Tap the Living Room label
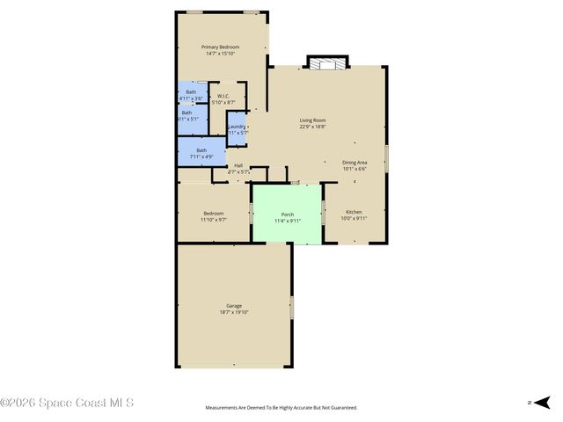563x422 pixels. tap(312, 120)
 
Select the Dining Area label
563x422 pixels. tap(355, 163)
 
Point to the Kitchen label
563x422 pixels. tap(354, 212)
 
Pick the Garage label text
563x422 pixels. tap(234, 305)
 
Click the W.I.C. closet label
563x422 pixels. tap(223, 96)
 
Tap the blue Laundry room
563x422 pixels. tap(236, 129)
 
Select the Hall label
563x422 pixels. tap(238, 165)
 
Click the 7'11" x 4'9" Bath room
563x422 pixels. tap(201, 153)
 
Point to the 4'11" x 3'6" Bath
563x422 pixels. tap(191, 94)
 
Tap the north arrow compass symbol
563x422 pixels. tap(542, 402)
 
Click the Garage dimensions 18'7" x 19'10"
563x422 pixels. tap(234, 312)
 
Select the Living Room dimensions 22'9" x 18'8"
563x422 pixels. tap(312, 127)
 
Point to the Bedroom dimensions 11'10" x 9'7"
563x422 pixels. tap(214, 220)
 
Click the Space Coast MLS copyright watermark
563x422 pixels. tap(67, 403)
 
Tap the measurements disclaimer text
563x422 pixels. tap(281, 408)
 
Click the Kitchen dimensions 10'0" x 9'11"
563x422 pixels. tap(354, 219)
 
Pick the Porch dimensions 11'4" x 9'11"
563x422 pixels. tap(287, 221)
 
